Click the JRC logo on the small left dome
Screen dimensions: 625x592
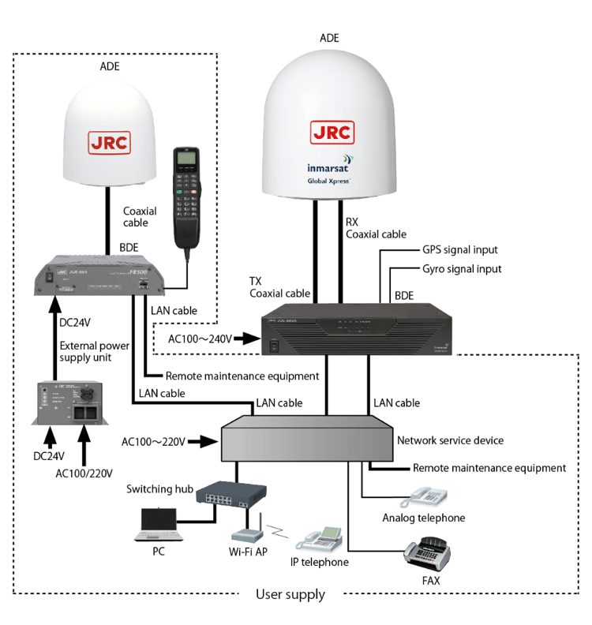pos(108,143)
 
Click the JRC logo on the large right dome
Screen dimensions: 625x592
pos(332,132)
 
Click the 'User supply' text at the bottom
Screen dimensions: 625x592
pos(290,594)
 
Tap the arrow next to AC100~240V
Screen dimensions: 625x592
pos(247,339)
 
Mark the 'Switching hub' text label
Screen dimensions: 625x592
pos(160,489)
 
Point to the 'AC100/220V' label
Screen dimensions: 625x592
pos(84,473)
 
